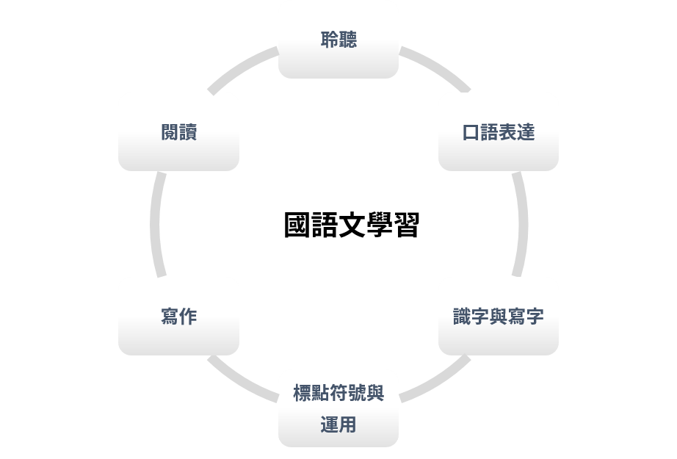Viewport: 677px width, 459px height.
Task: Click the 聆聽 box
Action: (x=338, y=40)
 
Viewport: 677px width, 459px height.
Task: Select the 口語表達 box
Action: (x=499, y=132)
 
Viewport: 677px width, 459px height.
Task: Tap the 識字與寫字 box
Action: (x=499, y=317)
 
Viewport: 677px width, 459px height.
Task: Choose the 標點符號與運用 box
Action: (x=338, y=408)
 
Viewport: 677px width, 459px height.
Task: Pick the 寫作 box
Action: (x=178, y=317)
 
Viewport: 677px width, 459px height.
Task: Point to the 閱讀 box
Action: (x=178, y=132)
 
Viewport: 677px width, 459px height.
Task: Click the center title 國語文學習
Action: (x=351, y=225)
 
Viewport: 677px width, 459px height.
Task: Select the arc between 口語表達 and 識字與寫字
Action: (x=522, y=224)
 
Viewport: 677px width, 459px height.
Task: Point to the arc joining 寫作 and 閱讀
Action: (x=155, y=224)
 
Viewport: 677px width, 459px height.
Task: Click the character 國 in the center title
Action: (x=297, y=225)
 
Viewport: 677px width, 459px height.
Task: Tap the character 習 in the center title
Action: (x=406, y=225)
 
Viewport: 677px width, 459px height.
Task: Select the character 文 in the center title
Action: (x=351, y=225)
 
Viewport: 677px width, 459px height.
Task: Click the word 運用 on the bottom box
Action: (x=338, y=424)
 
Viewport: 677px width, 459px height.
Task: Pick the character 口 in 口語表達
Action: (x=471, y=133)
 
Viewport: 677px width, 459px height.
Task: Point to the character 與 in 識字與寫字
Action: (x=499, y=317)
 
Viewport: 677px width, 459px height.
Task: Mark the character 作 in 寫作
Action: (x=188, y=317)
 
